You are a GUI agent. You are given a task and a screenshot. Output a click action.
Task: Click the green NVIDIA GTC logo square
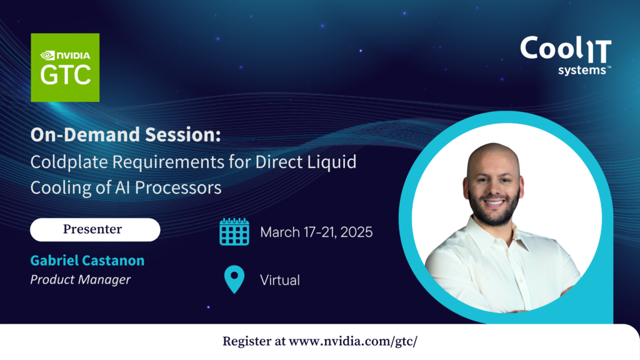pyautogui.click(x=65, y=67)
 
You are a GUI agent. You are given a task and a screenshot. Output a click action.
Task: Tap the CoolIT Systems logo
pyautogui.click(x=566, y=56)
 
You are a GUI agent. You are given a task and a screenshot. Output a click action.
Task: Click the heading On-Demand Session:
pyautogui.click(x=126, y=134)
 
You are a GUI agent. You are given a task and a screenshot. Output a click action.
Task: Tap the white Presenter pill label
pyautogui.click(x=95, y=229)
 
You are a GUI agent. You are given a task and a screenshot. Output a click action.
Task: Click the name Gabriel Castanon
pyautogui.click(x=87, y=261)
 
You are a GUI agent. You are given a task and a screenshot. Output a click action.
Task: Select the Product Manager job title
pyautogui.click(x=81, y=279)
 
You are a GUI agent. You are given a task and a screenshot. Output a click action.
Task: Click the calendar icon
pyautogui.click(x=234, y=231)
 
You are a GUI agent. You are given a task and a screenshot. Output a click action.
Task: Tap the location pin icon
pyautogui.click(x=234, y=279)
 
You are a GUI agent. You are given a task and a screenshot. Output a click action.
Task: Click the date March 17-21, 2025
pyautogui.click(x=316, y=232)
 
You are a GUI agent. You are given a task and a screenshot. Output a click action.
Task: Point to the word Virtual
pyautogui.click(x=280, y=280)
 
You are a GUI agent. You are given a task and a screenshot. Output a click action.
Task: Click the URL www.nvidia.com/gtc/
pyautogui.click(x=353, y=341)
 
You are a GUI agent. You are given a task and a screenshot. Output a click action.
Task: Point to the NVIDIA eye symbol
pyautogui.click(x=47, y=55)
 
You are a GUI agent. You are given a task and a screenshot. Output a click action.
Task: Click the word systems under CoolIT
pyautogui.click(x=582, y=70)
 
